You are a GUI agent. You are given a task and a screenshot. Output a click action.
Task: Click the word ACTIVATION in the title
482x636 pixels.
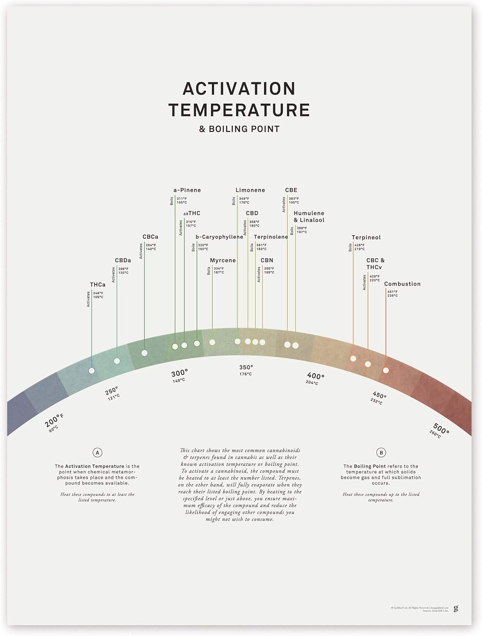tap(239, 89)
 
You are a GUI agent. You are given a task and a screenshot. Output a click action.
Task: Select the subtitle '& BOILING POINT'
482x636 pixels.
tap(239, 129)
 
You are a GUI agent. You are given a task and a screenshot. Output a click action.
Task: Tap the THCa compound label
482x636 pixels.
tap(98, 285)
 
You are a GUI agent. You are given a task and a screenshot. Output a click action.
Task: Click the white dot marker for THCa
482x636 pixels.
tap(92, 371)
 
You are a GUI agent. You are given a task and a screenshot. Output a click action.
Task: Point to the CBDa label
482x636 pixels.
tap(123, 260)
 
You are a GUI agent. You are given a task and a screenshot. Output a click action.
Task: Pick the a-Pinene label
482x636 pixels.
tap(187, 190)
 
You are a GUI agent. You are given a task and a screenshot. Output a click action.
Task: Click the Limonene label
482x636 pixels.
tap(250, 190)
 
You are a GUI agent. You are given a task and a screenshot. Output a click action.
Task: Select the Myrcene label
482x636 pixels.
tap(223, 260)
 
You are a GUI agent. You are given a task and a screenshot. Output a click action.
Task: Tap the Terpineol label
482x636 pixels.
tap(366, 237)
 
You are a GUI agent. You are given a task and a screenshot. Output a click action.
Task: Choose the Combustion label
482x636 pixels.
tap(402, 284)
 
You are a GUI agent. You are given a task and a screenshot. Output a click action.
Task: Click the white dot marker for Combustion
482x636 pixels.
tap(386, 370)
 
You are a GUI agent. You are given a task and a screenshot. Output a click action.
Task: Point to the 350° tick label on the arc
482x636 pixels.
tap(246, 368)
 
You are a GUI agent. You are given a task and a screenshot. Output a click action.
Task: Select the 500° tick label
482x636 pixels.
tap(441, 429)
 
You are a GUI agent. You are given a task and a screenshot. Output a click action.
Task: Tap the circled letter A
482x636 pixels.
tap(98, 453)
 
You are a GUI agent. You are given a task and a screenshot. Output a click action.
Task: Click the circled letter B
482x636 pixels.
tap(381, 453)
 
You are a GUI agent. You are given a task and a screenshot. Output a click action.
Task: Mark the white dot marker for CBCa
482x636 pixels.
tap(144, 353)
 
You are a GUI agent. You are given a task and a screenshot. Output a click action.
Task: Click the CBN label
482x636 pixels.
tap(267, 260)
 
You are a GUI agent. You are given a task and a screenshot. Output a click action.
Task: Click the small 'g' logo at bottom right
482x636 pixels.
tap(456, 608)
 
